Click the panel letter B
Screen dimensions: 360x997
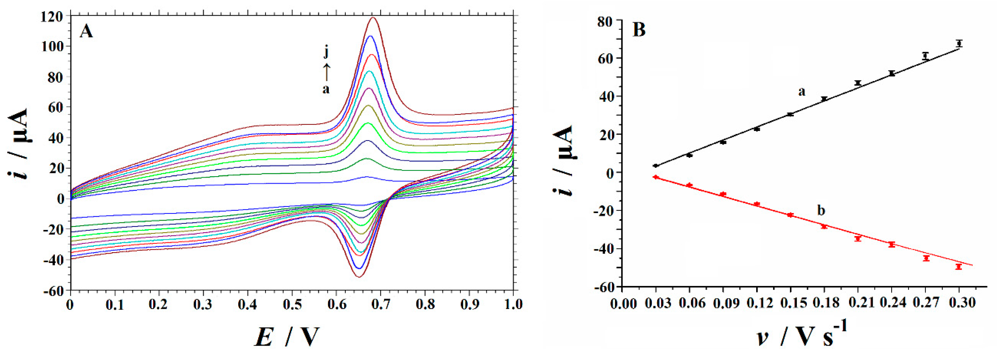pos(639,30)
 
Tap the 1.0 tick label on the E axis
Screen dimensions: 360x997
pos(513,304)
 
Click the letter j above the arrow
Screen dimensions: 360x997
pos(326,52)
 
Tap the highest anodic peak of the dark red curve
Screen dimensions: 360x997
pos(374,17)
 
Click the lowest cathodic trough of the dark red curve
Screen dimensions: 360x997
pos(358,277)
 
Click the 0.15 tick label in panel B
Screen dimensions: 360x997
pos(790,303)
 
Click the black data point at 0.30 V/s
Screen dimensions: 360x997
pos(959,43)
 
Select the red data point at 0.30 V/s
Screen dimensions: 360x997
pos(959,267)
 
